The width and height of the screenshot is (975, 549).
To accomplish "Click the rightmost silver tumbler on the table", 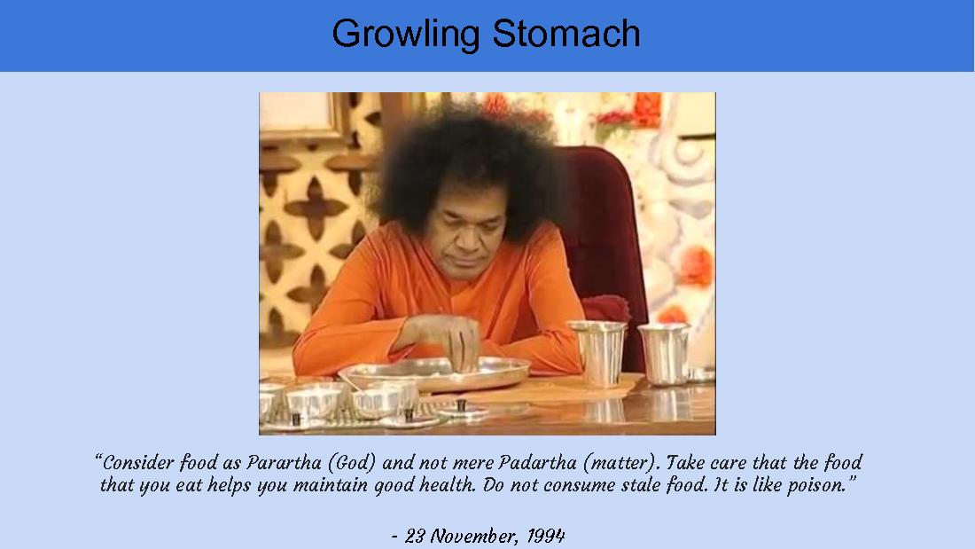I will pyautogui.click(x=664, y=353).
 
